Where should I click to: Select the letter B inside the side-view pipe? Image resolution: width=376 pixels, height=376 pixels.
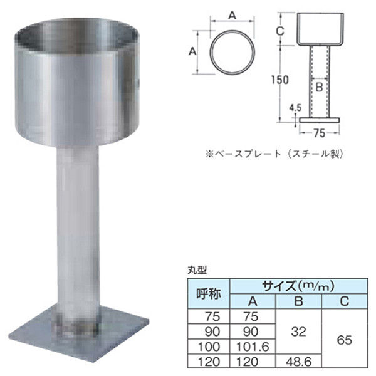click(x=318, y=87)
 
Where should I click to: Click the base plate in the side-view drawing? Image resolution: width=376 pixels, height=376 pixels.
click(x=319, y=118)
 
